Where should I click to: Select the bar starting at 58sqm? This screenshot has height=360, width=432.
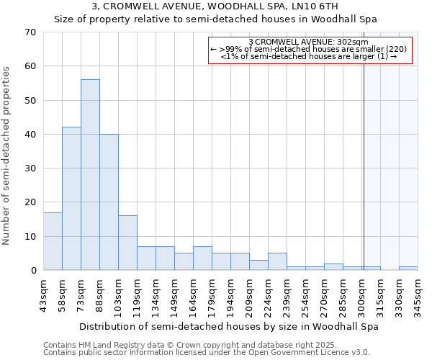[71, 199]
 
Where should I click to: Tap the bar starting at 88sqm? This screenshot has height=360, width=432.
[109, 202]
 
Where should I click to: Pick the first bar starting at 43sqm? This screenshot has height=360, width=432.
[53, 241]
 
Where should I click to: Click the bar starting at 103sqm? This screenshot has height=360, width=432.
[127, 243]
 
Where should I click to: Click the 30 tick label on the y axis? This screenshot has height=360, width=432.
[30, 168]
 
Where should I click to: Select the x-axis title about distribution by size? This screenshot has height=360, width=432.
[228, 326]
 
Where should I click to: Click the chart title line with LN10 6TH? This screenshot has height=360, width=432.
[215, 6]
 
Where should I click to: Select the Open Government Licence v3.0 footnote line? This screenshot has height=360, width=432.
[207, 352]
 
